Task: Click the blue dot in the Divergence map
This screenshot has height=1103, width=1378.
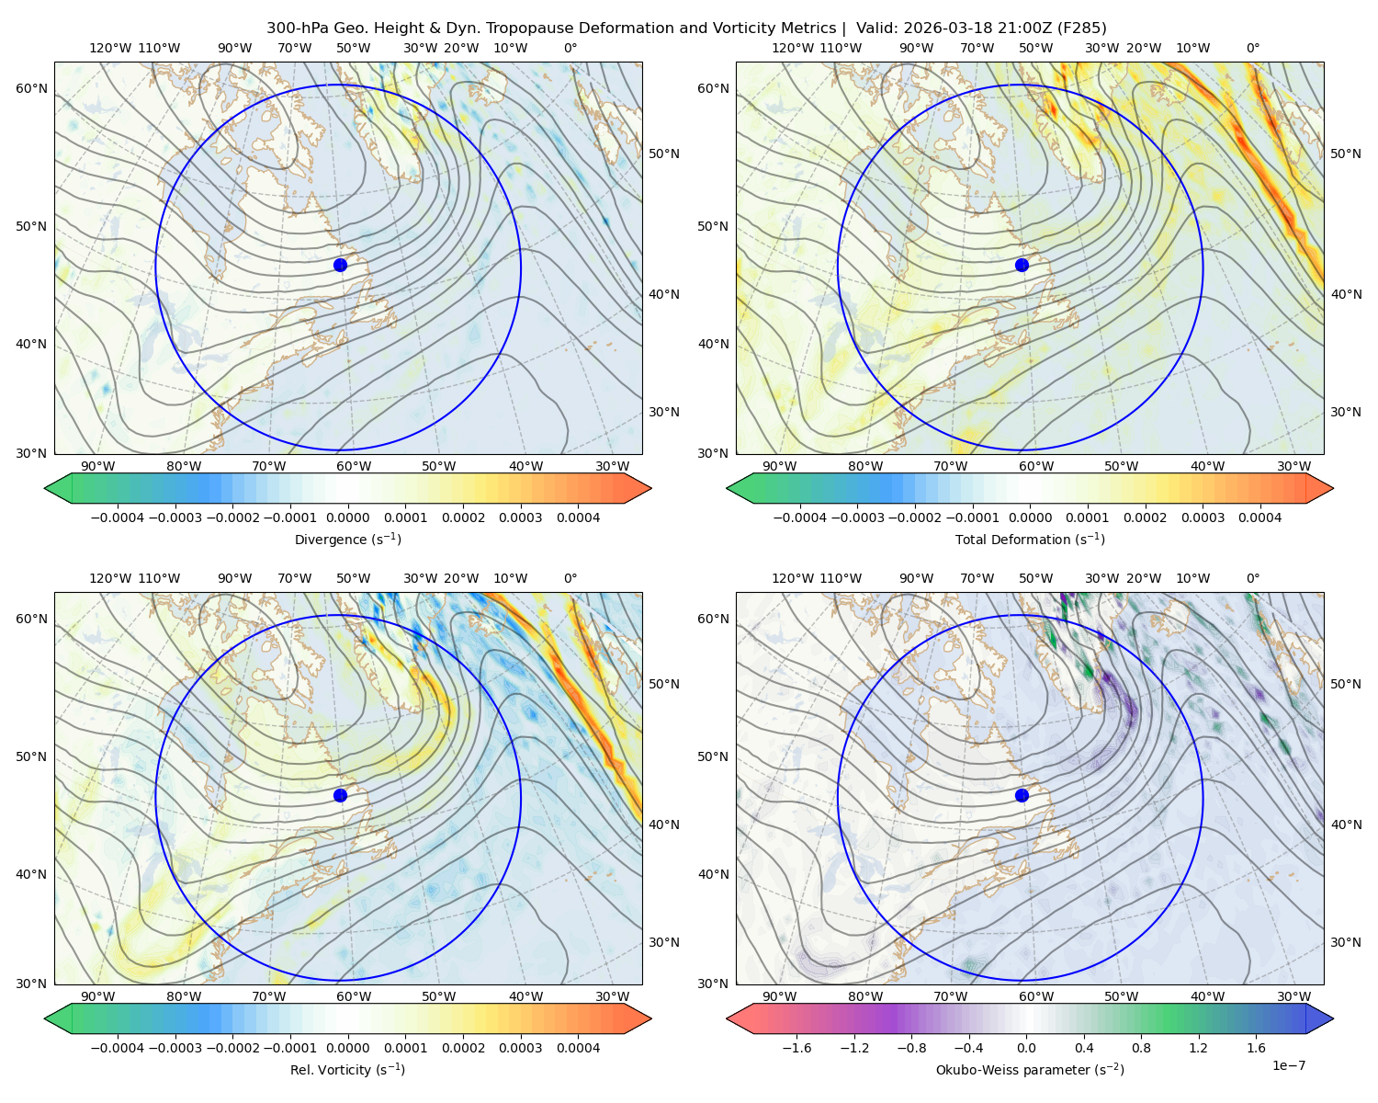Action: point(340,265)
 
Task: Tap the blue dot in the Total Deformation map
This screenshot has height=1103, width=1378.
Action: point(1022,265)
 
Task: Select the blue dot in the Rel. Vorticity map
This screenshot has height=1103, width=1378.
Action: point(340,795)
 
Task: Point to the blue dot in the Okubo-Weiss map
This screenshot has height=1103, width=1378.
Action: point(1022,795)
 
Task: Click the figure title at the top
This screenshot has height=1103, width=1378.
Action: point(686,28)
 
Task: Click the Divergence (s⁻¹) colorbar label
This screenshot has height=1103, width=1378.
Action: point(347,539)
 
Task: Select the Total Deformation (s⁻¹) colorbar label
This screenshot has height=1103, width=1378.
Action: point(1030,539)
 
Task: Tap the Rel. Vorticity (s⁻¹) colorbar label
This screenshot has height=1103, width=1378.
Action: point(347,1069)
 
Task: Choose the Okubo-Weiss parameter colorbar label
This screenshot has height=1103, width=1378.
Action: point(1030,1069)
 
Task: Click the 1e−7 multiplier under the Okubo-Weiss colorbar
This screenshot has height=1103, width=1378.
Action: point(1288,1065)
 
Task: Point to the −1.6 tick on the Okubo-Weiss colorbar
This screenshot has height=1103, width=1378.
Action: point(796,1047)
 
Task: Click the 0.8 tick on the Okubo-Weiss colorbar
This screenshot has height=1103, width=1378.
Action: point(1141,1047)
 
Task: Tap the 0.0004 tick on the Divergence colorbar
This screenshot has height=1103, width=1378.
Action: point(578,517)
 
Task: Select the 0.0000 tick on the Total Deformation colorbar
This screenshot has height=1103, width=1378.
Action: point(1030,517)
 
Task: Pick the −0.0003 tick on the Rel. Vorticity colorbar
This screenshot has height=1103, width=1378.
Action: point(175,1047)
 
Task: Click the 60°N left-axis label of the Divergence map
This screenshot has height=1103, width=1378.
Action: point(31,88)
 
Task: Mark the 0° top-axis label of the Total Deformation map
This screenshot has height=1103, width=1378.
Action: point(1252,48)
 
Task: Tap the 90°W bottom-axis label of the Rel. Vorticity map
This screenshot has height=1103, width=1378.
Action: point(97,996)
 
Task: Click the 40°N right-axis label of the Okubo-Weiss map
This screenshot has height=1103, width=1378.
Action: point(1346,824)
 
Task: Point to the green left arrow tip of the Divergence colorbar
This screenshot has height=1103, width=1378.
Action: point(45,488)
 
